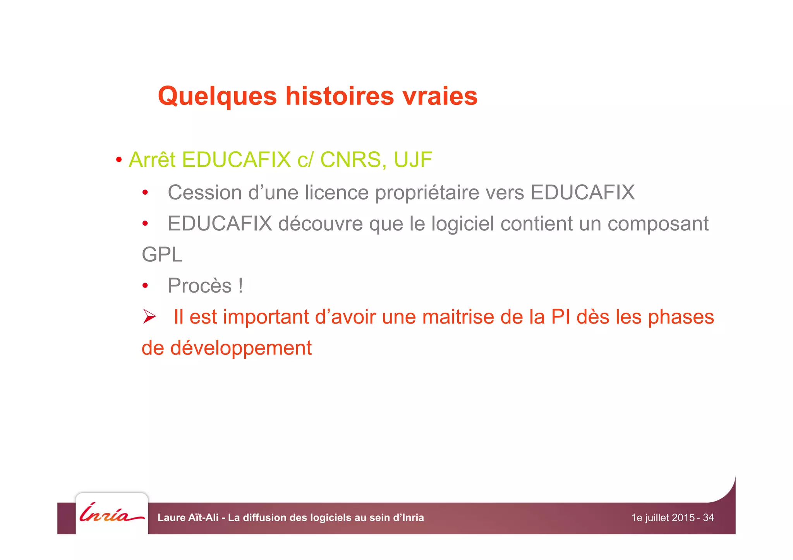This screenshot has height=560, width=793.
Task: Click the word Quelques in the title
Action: pyautogui.click(x=217, y=96)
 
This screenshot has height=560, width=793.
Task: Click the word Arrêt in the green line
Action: pyautogui.click(x=152, y=159)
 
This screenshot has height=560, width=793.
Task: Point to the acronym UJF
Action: pyautogui.click(x=413, y=159)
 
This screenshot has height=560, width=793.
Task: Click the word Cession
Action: pyautogui.click(x=204, y=192)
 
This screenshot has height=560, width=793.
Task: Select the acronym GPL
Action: pyautogui.click(x=162, y=255)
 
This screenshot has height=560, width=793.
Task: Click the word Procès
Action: pyautogui.click(x=199, y=286)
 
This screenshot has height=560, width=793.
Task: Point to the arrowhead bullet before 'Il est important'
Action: pyautogui.click(x=149, y=316)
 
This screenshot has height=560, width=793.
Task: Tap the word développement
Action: pyautogui.click(x=241, y=348)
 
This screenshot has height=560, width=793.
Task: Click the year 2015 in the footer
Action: pyautogui.click(x=683, y=517)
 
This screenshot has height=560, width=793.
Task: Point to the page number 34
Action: pyautogui.click(x=708, y=517)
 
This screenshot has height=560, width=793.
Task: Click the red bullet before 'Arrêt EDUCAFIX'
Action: pyautogui.click(x=119, y=159)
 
